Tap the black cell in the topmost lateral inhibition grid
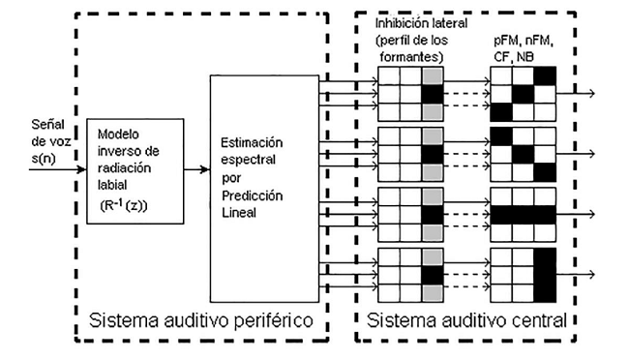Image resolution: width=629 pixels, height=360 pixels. [x=432, y=93]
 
